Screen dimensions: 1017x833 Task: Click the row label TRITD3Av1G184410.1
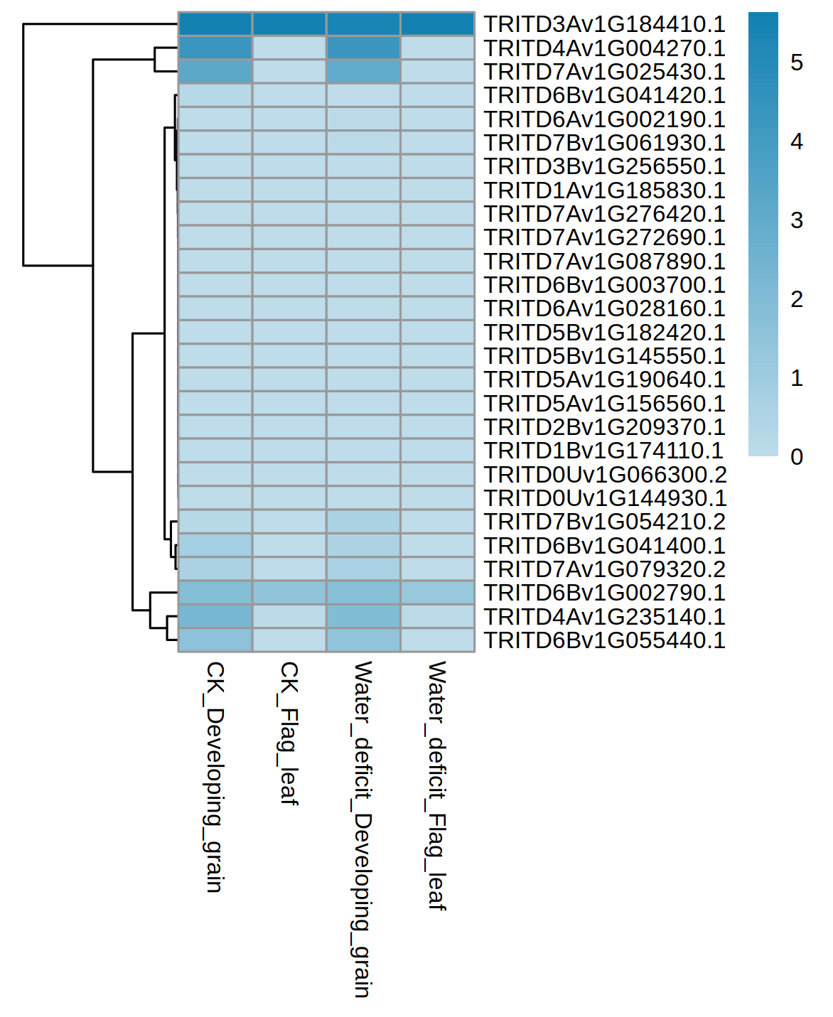click(x=604, y=24)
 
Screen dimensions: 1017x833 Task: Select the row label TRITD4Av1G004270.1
click(x=604, y=48)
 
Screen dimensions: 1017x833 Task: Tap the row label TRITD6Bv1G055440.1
click(x=604, y=640)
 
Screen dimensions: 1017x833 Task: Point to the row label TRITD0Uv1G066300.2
click(x=604, y=475)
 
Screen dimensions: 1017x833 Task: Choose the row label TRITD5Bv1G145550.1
click(x=604, y=356)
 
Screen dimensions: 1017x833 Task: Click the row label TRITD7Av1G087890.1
click(x=604, y=262)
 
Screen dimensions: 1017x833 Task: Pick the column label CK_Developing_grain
click(x=215, y=776)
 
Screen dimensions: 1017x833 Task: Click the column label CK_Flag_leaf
click(x=289, y=733)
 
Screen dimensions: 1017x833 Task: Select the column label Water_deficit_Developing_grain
click(x=362, y=829)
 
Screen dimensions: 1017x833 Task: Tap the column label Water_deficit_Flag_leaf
click(x=436, y=785)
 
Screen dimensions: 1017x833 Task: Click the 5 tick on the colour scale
click(x=797, y=63)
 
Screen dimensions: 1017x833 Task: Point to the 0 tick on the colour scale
click(x=797, y=457)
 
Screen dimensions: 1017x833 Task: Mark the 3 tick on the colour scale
click(x=797, y=220)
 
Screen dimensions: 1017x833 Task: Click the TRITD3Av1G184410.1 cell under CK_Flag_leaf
click(x=289, y=24)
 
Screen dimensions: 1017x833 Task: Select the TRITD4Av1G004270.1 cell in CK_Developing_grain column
click(x=215, y=48)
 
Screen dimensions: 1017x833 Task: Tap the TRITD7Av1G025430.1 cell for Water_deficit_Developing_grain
click(x=362, y=72)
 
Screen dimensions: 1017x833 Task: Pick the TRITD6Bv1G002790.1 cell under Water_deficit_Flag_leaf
click(x=436, y=593)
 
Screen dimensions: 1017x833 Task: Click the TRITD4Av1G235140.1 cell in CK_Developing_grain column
click(x=215, y=616)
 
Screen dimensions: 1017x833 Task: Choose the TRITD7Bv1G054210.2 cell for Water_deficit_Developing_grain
click(x=362, y=522)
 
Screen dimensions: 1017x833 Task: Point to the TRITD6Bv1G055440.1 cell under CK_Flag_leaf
click(x=289, y=640)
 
